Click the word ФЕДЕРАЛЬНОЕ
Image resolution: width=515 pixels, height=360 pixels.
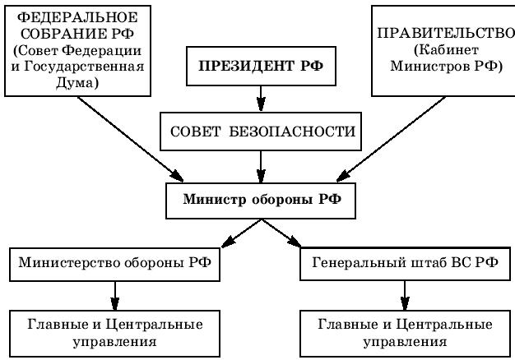(77, 17)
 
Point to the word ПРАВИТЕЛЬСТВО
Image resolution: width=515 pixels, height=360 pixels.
(446, 33)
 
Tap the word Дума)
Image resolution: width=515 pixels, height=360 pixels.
(77, 83)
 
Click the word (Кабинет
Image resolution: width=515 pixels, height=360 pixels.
(446, 50)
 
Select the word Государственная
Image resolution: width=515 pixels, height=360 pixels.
(84, 67)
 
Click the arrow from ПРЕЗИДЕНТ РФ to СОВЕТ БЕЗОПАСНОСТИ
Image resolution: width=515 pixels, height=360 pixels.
(261, 99)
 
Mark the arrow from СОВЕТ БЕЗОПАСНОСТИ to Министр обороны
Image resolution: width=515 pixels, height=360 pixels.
(261, 167)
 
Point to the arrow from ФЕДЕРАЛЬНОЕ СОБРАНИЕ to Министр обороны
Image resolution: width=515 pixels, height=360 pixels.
(130, 139)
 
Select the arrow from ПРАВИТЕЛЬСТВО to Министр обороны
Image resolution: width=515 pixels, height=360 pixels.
(391, 139)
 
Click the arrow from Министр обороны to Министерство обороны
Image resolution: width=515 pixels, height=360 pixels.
(241, 233)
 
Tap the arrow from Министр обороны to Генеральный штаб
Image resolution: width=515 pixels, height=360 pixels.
(281, 233)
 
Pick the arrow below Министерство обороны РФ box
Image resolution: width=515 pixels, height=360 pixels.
(114, 296)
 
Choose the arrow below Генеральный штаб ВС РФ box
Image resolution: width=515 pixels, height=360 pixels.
(405, 295)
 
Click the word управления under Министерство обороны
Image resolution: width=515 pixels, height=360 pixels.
(114, 342)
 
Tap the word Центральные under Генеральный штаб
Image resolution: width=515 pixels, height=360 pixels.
(444, 325)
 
